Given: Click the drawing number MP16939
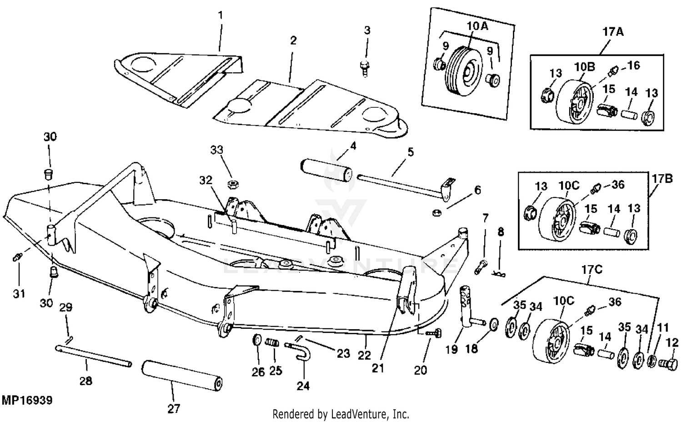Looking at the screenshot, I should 27,401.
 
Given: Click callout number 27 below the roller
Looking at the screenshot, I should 174,409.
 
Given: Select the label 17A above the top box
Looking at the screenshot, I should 613,32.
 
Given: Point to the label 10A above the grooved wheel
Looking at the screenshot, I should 477,26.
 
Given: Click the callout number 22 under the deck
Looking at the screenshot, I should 364,355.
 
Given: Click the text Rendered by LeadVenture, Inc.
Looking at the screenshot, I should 341,414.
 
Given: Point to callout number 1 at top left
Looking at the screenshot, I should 221,15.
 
